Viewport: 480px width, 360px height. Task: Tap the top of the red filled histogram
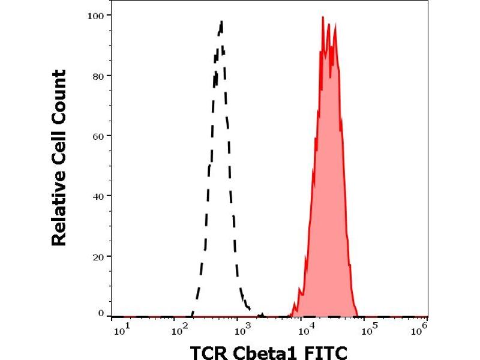tap(323, 17)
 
